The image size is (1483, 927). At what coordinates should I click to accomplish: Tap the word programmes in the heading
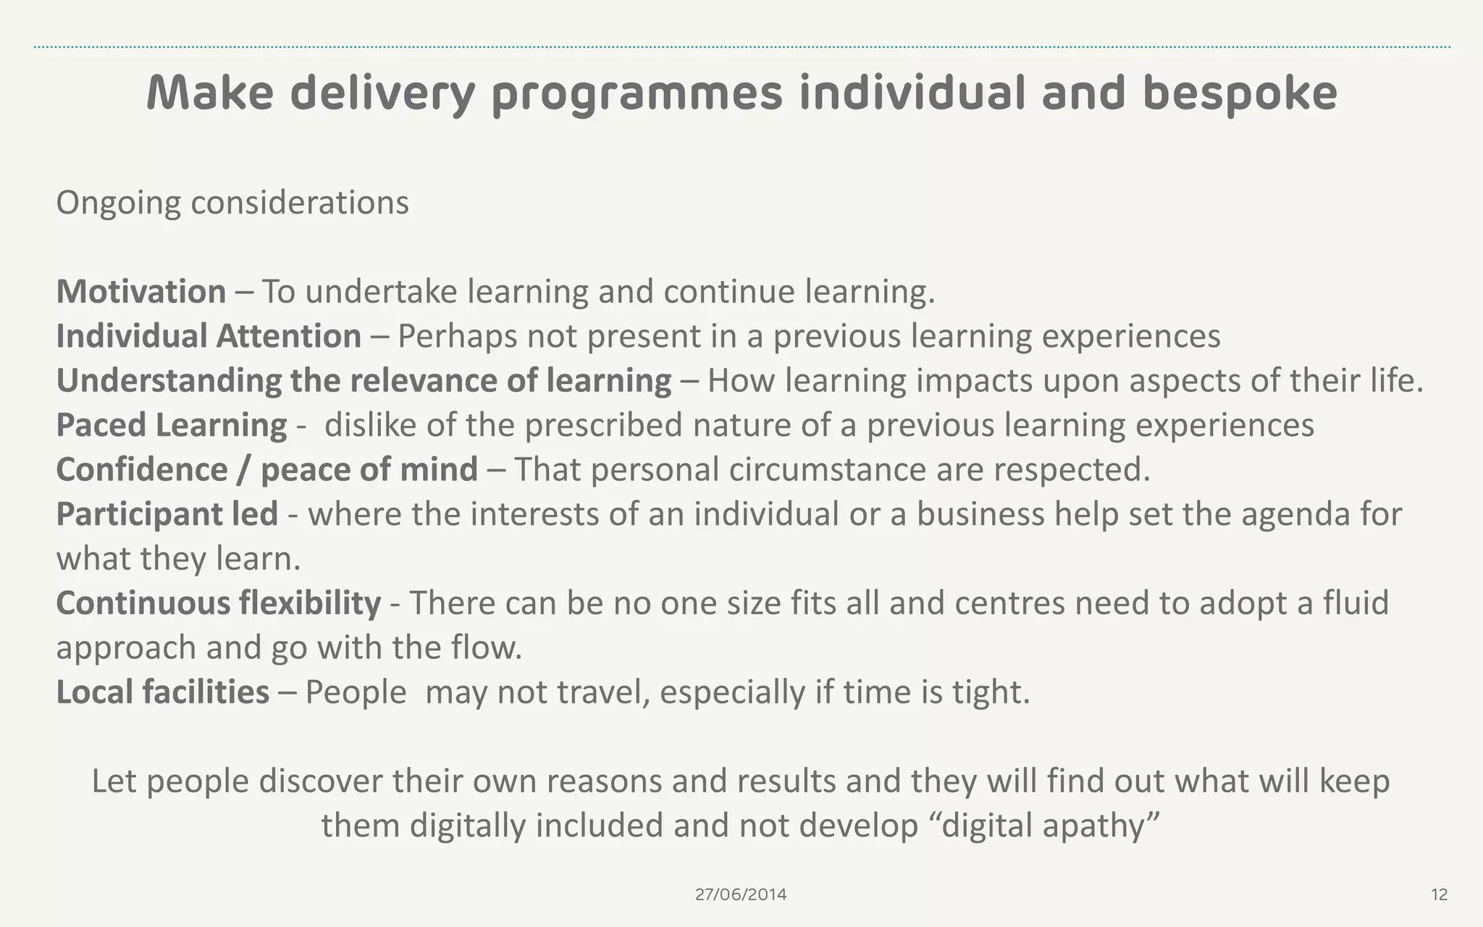point(637,94)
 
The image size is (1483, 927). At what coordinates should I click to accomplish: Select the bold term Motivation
point(141,292)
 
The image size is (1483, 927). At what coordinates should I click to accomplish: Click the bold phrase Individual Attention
point(209,337)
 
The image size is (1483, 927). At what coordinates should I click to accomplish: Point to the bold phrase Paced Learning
point(172,425)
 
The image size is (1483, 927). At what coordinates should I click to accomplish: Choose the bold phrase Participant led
point(167,514)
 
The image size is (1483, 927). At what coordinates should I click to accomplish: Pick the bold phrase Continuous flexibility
point(219,603)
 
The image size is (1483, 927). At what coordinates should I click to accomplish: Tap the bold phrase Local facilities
point(163,692)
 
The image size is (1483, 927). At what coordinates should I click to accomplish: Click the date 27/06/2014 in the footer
point(741,894)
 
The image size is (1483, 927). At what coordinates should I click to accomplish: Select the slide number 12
point(1440,895)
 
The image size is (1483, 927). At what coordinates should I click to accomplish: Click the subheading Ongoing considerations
point(232,203)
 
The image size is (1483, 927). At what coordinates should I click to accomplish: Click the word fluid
point(1356,603)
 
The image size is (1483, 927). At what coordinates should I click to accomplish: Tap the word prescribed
point(604,425)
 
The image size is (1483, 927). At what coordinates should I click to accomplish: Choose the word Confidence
point(142,470)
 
